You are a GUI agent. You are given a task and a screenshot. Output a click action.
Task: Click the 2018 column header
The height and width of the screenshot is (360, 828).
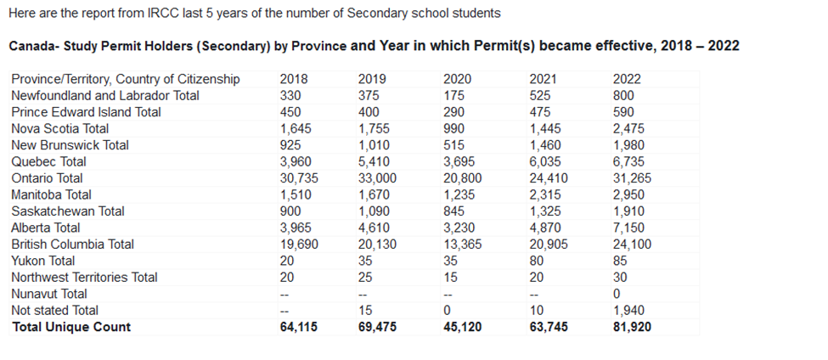(294, 79)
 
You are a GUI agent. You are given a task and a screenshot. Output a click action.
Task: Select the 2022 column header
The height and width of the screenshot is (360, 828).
(627, 79)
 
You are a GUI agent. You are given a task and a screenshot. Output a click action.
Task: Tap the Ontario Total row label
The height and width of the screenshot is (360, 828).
(47, 178)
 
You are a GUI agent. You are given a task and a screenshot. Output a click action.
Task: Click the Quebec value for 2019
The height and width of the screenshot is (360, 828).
(375, 161)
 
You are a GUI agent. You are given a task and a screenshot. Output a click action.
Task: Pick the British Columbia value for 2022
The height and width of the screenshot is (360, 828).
(632, 245)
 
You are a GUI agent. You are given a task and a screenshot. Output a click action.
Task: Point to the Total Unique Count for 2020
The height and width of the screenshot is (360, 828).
(462, 328)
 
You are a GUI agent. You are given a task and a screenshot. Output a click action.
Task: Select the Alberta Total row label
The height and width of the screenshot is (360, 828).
(46, 228)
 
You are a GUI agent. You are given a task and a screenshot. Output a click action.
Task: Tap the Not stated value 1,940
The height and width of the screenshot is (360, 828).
(628, 311)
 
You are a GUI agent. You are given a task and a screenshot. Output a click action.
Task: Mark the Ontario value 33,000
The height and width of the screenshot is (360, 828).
(377, 178)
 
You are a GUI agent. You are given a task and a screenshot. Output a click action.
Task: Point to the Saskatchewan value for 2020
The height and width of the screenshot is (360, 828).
(456, 211)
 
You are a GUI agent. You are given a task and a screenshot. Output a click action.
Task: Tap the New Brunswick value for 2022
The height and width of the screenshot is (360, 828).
(628, 145)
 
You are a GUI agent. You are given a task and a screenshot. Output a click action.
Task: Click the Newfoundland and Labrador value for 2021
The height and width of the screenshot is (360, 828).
(539, 96)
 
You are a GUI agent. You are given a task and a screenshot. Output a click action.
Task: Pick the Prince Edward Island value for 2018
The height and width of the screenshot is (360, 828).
(290, 112)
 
